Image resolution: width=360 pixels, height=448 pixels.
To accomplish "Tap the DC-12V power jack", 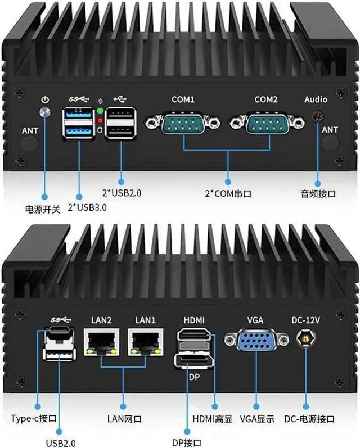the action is pyautogui.click(x=305, y=340).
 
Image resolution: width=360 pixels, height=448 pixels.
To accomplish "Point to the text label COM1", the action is pyautogui.click(x=183, y=99).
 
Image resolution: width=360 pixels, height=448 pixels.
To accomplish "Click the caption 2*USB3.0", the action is pyautogui.click(x=87, y=207).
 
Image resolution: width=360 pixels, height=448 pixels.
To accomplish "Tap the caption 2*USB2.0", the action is pyautogui.click(x=121, y=193).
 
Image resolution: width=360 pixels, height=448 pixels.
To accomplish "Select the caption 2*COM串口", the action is pyautogui.click(x=228, y=194).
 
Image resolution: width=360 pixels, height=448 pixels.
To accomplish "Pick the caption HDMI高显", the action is pyautogui.click(x=213, y=419).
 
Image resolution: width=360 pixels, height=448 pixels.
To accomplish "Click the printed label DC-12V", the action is pyautogui.click(x=305, y=320).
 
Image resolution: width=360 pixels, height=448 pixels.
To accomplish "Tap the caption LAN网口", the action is pyautogui.click(x=124, y=419).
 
